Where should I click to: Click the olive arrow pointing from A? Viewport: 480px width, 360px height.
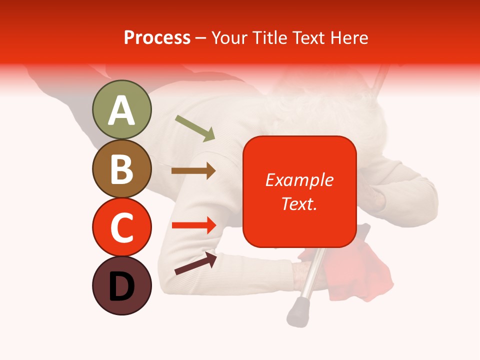point(195,128)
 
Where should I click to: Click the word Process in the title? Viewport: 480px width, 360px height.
point(157,38)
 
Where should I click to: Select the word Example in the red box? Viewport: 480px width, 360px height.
point(299,180)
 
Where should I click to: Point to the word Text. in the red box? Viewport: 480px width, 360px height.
point(299,204)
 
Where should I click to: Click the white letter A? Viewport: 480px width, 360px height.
point(121,110)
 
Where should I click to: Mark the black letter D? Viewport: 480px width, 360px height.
point(121,286)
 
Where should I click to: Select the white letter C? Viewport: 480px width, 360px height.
point(121,227)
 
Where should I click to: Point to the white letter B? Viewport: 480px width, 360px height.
point(121,169)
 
